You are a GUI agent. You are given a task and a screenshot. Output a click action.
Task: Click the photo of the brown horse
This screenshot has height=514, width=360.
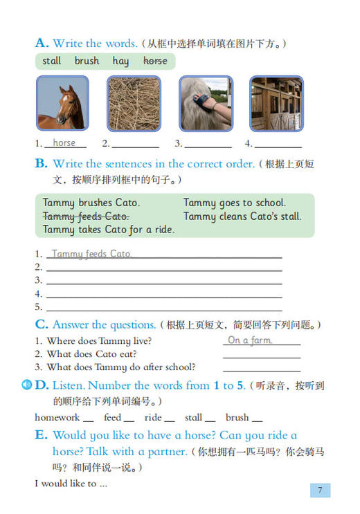pyautogui.click(x=62, y=103)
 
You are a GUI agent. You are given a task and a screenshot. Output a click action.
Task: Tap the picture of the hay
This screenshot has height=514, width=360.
pyautogui.click(x=134, y=103)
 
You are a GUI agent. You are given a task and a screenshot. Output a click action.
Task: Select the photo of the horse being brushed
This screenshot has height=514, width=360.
pyautogui.click(x=206, y=103)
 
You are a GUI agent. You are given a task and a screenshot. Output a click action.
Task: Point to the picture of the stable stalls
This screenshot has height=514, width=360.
pyautogui.click(x=276, y=103)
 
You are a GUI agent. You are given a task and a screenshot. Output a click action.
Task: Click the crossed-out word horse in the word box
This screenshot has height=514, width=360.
pyautogui.click(x=155, y=61)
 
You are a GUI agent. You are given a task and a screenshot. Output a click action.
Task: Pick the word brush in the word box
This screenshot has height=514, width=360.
pyautogui.click(x=87, y=61)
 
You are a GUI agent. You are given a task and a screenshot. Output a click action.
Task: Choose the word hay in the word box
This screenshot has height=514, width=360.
pyautogui.click(x=120, y=61)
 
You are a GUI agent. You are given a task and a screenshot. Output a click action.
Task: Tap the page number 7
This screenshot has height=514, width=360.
pyautogui.click(x=320, y=490)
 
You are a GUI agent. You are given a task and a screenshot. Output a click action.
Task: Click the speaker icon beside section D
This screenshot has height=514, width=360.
pyautogui.click(x=28, y=385)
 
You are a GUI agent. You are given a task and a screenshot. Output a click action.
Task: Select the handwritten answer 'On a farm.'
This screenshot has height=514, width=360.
pyautogui.click(x=250, y=340)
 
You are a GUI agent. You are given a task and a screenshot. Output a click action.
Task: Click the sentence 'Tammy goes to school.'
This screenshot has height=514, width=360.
pyautogui.click(x=234, y=203)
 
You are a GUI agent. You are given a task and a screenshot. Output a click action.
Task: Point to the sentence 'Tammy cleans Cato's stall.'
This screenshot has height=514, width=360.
pyautogui.click(x=242, y=216)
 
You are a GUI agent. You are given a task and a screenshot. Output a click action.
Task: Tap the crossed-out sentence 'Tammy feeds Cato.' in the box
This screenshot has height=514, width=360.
pyautogui.click(x=86, y=216)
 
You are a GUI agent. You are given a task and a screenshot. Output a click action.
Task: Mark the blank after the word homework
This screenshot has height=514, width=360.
pyautogui.click(x=88, y=419)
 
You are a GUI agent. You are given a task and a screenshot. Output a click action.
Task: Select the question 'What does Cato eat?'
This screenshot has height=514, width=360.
pyautogui.click(x=91, y=354)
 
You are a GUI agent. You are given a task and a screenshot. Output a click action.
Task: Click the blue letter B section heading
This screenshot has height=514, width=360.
pyautogui.click(x=41, y=164)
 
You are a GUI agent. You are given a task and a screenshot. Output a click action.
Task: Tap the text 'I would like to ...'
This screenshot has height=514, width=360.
pyautogui.click(x=71, y=484)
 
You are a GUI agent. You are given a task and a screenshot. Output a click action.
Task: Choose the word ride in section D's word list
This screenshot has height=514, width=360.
pyautogui.click(x=153, y=417)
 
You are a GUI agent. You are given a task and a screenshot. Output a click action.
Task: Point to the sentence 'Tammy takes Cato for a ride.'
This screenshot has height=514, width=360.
pyautogui.click(x=109, y=229)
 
